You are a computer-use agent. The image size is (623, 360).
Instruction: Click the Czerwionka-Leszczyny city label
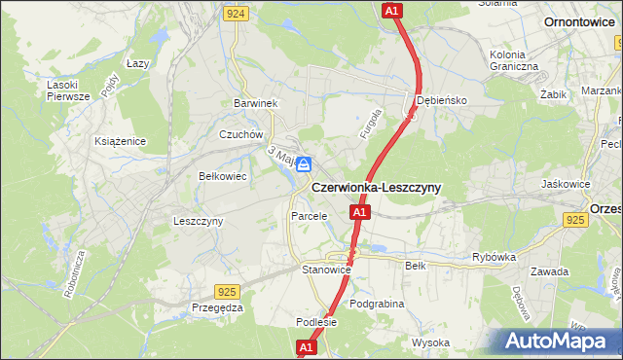[x=376, y=188]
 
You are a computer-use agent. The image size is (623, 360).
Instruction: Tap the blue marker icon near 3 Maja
[x=304, y=164]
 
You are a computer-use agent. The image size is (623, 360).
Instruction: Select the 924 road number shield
[x=234, y=14]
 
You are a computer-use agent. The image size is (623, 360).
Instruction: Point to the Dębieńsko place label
[x=443, y=100]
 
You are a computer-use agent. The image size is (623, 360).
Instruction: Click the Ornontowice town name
[x=578, y=20]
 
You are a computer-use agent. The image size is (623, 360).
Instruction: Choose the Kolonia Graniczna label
[x=514, y=60]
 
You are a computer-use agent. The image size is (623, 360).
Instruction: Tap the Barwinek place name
[x=256, y=103]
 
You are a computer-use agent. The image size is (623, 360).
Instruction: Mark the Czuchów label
[x=241, y=135]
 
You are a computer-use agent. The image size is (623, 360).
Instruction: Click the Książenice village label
[x=120, y=141]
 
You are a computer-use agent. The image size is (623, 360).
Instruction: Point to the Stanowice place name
[x=325, y=269]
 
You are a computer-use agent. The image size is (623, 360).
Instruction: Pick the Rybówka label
[x=494, y=258]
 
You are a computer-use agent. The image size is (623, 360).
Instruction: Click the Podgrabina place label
[x=377, y=304]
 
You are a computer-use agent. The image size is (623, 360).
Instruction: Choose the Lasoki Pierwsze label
[x=68, y=90]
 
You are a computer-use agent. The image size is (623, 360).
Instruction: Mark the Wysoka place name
[x=430, y=342]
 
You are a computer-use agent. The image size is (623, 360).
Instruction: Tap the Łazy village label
[x=137, y=63]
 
